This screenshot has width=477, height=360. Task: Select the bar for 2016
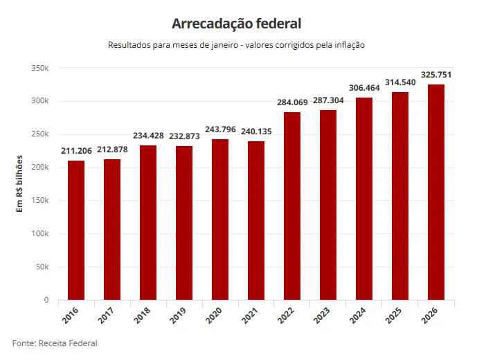pos(76,230)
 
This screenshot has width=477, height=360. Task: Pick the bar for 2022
pos(292,206)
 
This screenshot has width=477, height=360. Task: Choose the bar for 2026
pos(436,192)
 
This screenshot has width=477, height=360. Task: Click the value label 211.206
pos(76,152)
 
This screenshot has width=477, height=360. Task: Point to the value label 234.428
pos(148,136)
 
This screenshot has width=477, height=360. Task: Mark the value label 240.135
pos(256,132)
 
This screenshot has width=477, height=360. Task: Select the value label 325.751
pos(436,75)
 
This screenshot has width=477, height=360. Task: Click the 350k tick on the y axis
pos(40,68)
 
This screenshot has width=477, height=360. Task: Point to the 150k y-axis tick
pos(40,201)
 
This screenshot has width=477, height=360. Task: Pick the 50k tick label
pos(42,267)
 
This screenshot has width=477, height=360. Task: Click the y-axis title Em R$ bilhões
pos(20,183)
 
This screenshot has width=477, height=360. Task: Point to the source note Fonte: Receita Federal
pos(55,343)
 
